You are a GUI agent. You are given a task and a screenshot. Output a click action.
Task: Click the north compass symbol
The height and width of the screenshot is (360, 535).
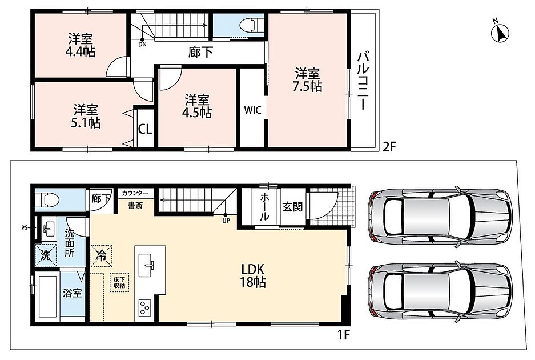coord(500,32)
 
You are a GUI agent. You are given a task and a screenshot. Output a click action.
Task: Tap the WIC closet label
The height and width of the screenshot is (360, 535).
coord(253,110)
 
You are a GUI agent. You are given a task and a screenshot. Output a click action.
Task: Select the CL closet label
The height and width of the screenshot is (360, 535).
coord(144,130)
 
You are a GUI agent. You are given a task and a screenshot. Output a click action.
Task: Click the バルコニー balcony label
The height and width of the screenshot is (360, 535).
coord(363,81)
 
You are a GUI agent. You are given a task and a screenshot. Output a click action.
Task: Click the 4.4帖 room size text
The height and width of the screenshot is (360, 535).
coord(80,51)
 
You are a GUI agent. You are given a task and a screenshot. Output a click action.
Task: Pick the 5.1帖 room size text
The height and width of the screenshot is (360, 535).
coord(85,122)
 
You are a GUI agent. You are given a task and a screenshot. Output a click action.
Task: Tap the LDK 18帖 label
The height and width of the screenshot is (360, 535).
coord(253,275)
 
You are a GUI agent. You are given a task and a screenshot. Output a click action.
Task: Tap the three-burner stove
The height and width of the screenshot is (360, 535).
coord(144,308)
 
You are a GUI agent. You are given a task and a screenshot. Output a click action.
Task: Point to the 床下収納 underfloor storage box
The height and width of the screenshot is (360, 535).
coord(119,282)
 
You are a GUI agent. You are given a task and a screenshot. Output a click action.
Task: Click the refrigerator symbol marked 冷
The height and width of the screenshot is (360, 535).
coord(101,255)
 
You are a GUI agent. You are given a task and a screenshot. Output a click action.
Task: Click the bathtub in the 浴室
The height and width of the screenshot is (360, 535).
coord(47,296)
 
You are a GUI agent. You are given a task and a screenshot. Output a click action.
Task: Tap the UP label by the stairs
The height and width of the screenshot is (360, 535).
coord(226,221)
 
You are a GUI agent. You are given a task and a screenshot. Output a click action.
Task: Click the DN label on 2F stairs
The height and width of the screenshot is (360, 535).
coord(142,44)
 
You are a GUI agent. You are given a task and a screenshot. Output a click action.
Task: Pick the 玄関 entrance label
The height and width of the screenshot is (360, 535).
coord(292,207)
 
